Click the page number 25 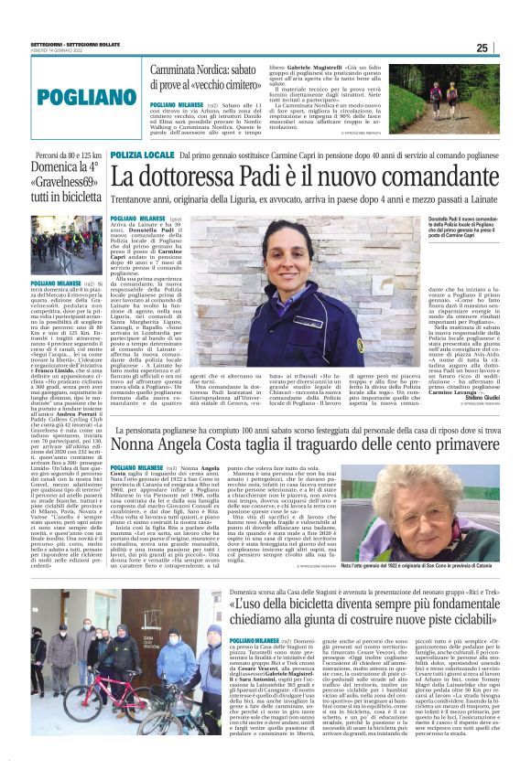tap(508, 48)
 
